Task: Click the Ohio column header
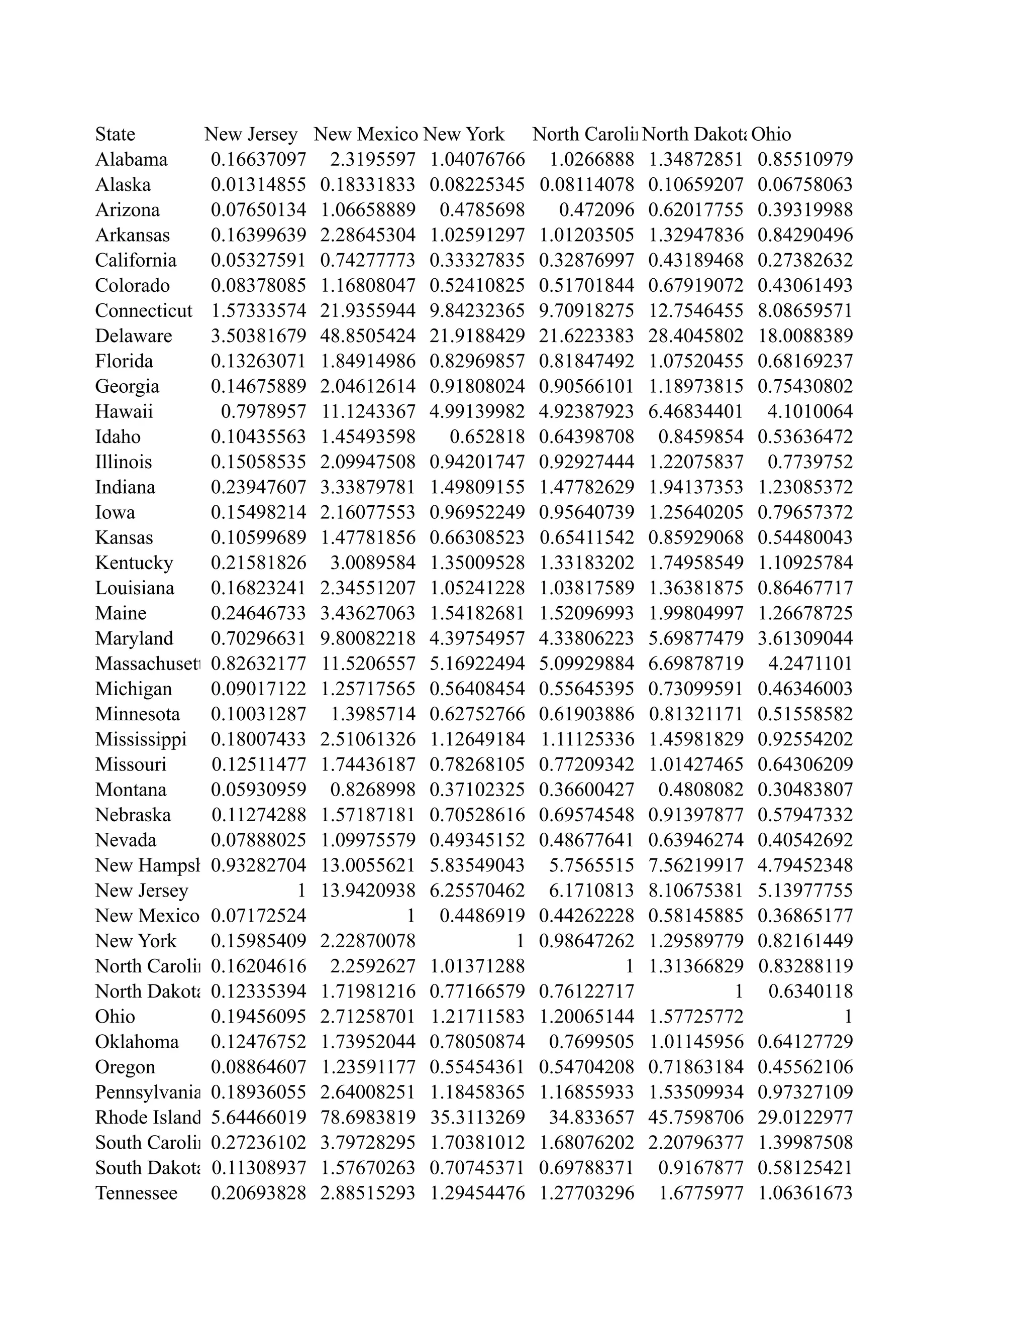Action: pos(771,134)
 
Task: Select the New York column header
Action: pos(464,134)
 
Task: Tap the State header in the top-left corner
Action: pos(115,134)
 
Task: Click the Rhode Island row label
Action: pos(148,1117)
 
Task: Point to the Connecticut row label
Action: pos(143,311)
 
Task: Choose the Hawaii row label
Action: pos(124,411)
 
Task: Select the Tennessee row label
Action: pos(136,1193)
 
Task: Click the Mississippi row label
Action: pos(141,739)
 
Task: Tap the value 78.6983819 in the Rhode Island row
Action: pos(368,1117)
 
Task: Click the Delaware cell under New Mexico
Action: pos(368,336)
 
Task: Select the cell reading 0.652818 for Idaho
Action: pos(487,437)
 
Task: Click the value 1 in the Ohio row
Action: pos(847,1017)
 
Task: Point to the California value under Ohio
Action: pos(805,260)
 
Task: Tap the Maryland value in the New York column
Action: pos(477,638)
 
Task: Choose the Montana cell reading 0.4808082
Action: pos(700,790)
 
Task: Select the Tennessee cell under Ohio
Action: pos(805,1193)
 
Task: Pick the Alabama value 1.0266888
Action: pos(591,160)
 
